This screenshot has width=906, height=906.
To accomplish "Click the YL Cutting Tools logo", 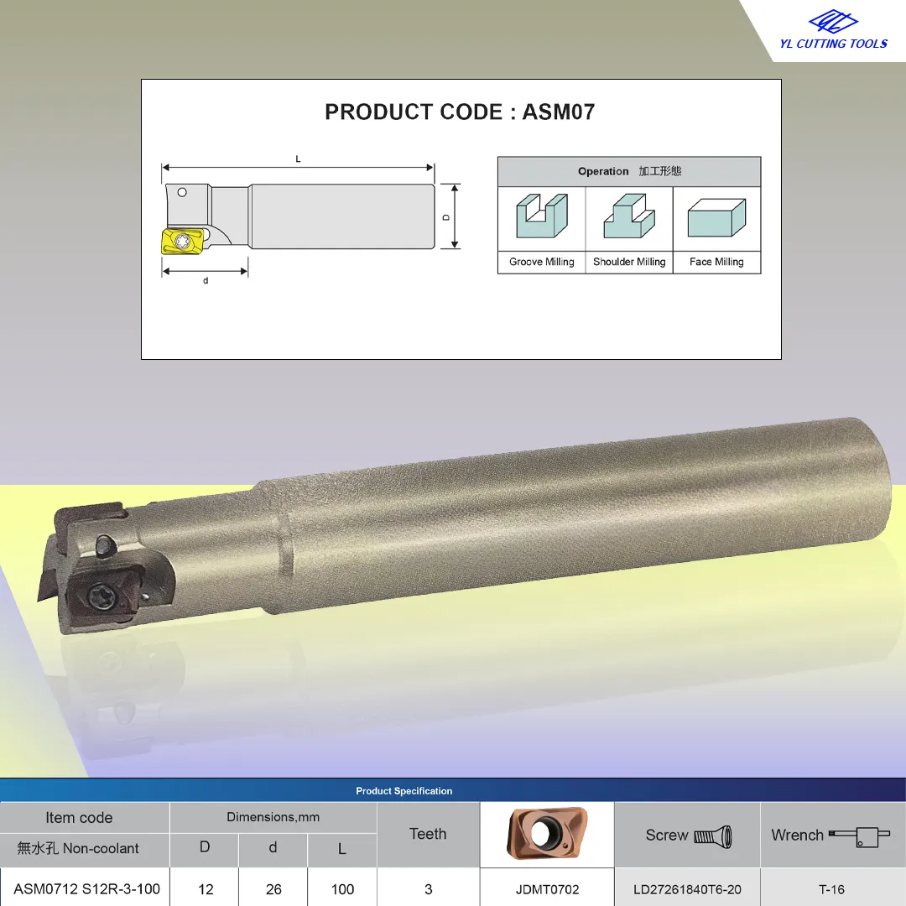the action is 833,30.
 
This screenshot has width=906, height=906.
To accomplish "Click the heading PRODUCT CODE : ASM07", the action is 460,112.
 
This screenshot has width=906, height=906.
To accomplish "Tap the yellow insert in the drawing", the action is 181,241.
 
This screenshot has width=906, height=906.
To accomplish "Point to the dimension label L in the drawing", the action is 298,159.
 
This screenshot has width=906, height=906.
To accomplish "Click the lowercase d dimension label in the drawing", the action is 206,281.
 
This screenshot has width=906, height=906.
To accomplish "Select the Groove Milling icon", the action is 542,216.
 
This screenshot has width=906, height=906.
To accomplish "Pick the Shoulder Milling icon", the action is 629,216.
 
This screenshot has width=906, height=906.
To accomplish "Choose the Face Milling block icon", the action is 716,218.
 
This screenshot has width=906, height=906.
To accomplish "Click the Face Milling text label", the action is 716,262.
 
